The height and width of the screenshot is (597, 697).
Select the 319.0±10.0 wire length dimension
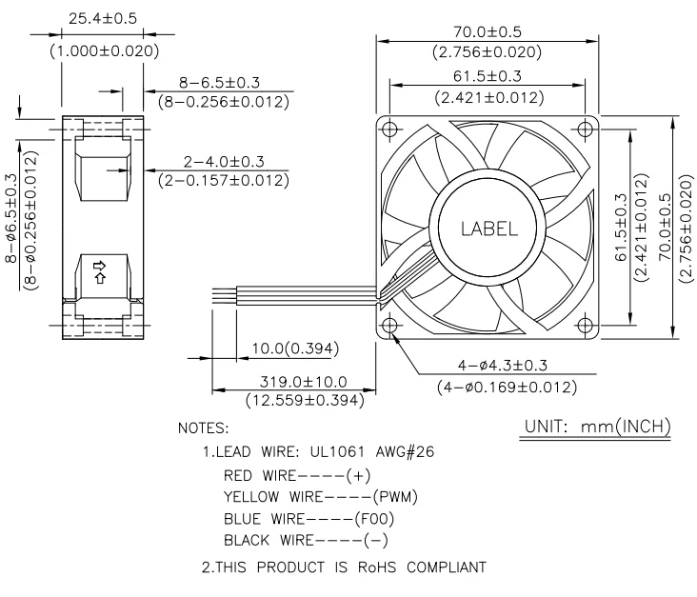coord(304,382)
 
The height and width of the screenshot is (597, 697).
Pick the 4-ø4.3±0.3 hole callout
coord(494,367)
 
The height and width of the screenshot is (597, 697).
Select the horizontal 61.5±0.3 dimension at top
coord(488,77)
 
